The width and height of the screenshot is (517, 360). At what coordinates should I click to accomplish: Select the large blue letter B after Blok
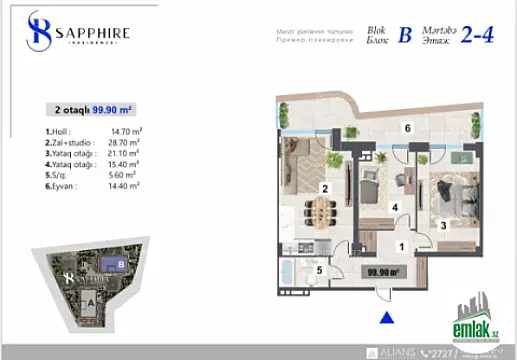pos(404,37)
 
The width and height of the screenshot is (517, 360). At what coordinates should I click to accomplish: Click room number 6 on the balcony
pos(407,128)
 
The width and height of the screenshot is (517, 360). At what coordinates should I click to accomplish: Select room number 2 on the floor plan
pos(325,187)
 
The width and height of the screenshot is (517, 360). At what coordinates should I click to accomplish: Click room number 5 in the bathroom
pos(319,269)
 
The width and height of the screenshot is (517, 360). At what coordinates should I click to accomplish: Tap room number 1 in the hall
pos(401,245)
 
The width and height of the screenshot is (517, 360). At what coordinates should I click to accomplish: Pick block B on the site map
pos(121,265)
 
